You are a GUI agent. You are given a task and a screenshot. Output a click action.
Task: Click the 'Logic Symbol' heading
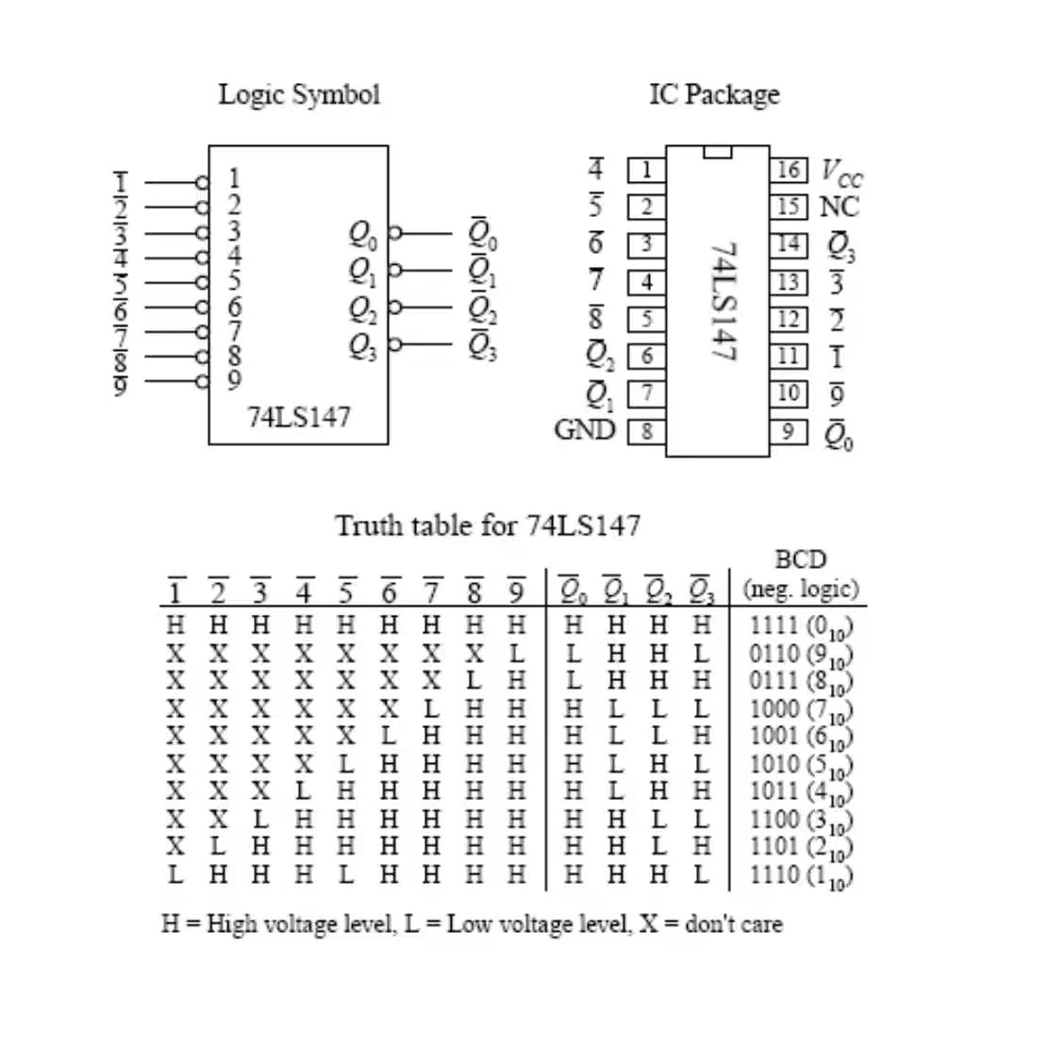coord(299,94)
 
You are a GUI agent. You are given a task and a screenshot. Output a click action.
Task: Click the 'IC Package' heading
coord(714,94)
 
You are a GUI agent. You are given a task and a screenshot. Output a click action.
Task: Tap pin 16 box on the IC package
coord(789,170)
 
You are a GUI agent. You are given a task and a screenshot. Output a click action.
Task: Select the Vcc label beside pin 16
coord(840,173)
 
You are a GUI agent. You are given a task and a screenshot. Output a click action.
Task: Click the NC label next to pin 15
coord(840,207)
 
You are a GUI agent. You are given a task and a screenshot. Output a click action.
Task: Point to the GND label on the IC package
coord(585,430)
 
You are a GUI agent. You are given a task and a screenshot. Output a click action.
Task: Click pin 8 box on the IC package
coord(647,432)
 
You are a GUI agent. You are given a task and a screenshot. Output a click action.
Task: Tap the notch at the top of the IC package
coord(718,152)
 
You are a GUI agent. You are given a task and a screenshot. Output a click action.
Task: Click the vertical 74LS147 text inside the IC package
coord(722,302)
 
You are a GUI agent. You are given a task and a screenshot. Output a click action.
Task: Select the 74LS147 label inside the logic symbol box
coord(298,417)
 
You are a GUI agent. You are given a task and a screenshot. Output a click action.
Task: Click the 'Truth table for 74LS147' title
coord(488,525)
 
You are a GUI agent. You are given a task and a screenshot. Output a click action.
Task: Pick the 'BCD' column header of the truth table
coord(800,559)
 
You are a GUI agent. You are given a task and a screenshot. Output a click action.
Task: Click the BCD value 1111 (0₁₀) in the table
coord(801,625)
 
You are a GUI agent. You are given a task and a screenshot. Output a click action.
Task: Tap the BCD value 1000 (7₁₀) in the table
coord(801,709)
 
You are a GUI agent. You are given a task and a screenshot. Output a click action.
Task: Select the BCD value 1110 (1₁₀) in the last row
coord(801,875)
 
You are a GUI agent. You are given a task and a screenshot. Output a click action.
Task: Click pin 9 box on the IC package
coord(789,432)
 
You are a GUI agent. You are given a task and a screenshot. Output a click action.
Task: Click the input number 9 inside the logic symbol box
coord(233,380)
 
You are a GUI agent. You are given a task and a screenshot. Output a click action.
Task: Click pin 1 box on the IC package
coord(647,171)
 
